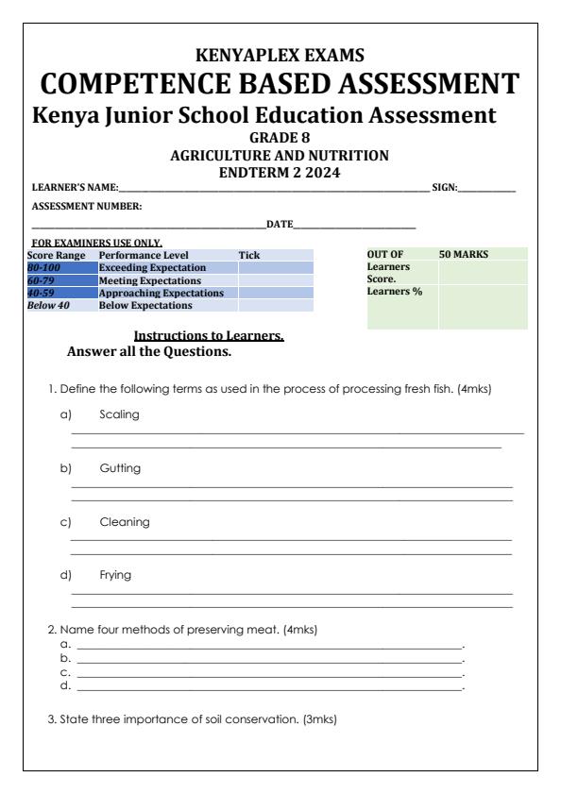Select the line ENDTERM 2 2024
coord(280,171)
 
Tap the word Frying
coord(115,574)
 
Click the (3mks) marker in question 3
coord(318,718)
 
